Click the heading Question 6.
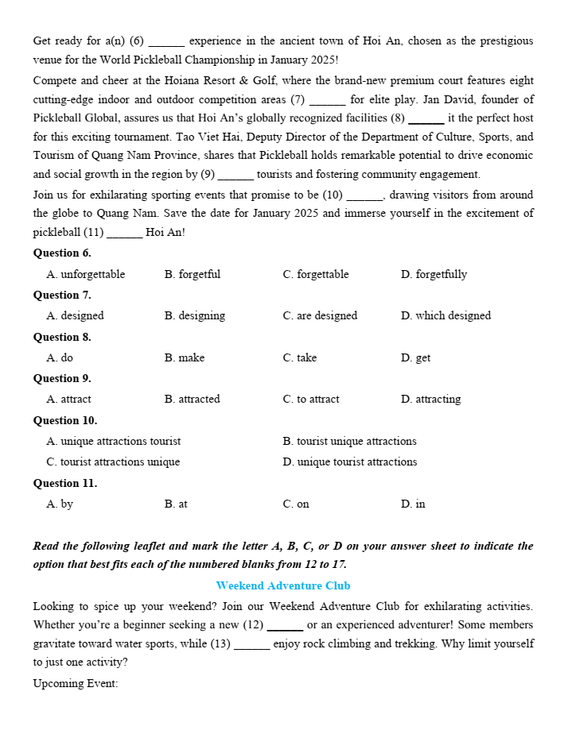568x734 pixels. point(62,253)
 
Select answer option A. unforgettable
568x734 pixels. point(86,275)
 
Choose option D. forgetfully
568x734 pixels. point(434,275)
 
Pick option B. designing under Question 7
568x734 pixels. point(195,316)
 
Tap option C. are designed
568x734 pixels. point(320,316)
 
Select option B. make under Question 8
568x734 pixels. point(185,358)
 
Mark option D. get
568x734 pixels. point(415,358)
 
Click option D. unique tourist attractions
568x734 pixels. point(349,462)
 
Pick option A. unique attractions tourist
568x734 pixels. point(114,442)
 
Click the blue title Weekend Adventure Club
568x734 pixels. point(283,586)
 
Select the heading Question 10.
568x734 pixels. point(65,420)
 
